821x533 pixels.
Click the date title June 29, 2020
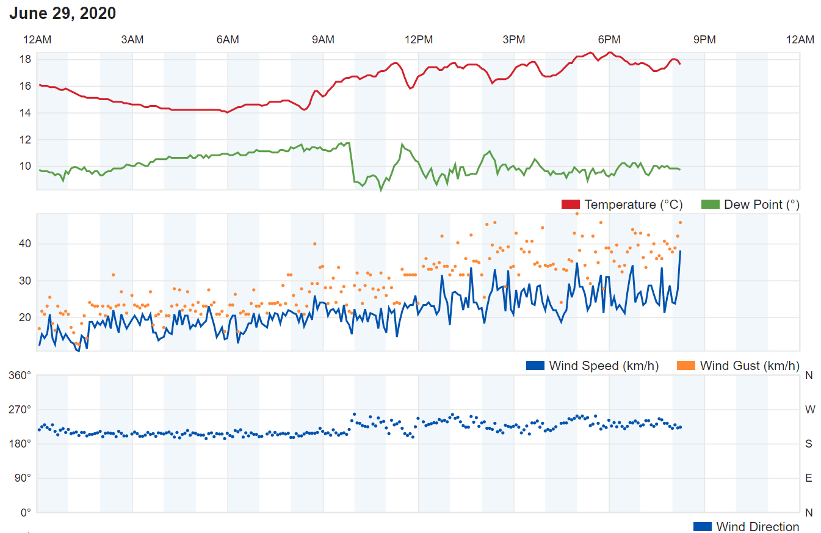coord(62,13)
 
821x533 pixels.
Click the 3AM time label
coord(132,40)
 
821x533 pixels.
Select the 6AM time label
coord(228,40)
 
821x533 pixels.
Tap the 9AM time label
coord(323,40)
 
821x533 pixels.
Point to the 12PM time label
coord(419,40)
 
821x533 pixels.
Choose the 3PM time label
coord(514,40)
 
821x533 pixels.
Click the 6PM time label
coord(609,40)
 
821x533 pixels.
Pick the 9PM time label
coord(704,40)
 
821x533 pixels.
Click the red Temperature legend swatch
coord(570,205)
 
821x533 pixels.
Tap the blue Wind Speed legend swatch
coord(535,366)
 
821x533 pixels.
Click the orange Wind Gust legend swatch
coord(686,366)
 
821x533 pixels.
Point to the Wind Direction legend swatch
coord(703,527)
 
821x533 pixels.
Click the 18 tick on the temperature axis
coord(25,60)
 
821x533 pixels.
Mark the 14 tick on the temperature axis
coord(25,113)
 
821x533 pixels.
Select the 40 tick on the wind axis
coord(25,244)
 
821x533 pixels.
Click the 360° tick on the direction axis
coord(21,375)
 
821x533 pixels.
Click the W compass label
coord(809,410)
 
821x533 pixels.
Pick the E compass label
coord(809,478)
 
